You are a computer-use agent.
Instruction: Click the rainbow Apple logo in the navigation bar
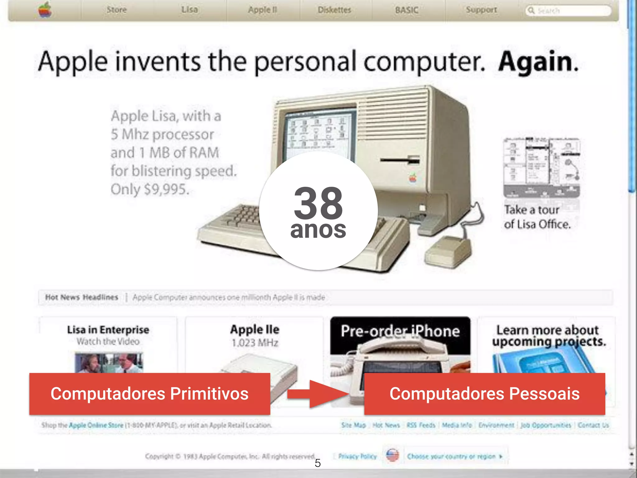(x=45, y=10)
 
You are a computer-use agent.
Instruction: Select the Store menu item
(x=117, y=10)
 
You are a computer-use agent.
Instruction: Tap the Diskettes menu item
(x=334, y=10)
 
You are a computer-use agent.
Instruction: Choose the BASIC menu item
(x=407, y=10)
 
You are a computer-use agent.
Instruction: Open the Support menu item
(x=481, y=10)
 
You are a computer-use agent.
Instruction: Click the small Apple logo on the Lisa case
(x=413, y=178)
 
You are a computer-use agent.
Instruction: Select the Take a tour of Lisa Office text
(x=537, y=217)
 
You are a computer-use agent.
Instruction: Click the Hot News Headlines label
(x=81, y=297)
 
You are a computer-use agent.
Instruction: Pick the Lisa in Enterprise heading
(x=108, y=330)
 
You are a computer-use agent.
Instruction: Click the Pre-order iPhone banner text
(x=400, y=331)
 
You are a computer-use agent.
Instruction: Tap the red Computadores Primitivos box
(x=150, y=394)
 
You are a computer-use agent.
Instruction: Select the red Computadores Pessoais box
(x=484, y=394)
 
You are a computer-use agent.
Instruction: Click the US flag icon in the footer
(x=393, y=456)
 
